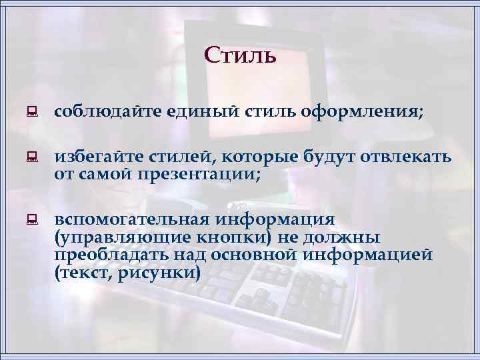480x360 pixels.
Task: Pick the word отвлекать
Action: (407, 158)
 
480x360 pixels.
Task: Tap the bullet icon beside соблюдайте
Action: (30, 113)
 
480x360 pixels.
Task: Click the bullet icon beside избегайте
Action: (30, 159)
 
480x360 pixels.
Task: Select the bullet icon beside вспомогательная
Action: (30, 220)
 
